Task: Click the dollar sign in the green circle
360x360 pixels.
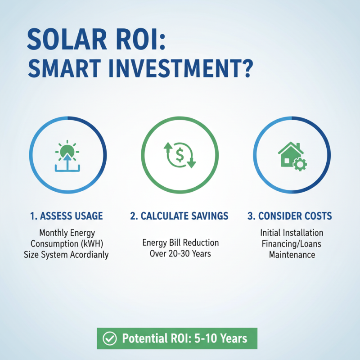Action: pyautogui.click(x=180, y=155)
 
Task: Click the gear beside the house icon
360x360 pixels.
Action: pyautogui.click(x=298, y=164)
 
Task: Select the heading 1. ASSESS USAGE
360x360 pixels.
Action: pyautogui.click(x=66, y=216)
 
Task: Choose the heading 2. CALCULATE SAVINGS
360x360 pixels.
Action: pyautogui.click(x=179, y=216)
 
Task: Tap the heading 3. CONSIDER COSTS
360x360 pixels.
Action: pyautogui.click(x=290, y=216)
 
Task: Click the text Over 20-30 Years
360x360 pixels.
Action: pyautogui.click(x=180, y=253)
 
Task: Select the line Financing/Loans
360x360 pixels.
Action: pyautogui.click(x=292, y=244)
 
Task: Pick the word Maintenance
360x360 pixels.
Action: pyautogui.click(x=292, y=255)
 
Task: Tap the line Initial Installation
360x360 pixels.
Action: pyautogui.click(x=292, y=233)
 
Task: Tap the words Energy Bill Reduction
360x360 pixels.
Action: pyautogui.click(x=180, y=243)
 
